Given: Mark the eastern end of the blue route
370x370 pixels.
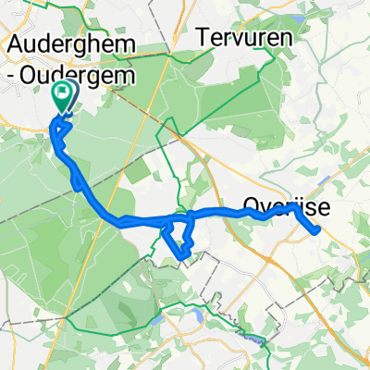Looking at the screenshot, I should (x=318, y=229).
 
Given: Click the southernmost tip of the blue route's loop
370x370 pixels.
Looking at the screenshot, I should (x=182, y=256).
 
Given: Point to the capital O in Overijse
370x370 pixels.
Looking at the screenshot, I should (x=250, y=203).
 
